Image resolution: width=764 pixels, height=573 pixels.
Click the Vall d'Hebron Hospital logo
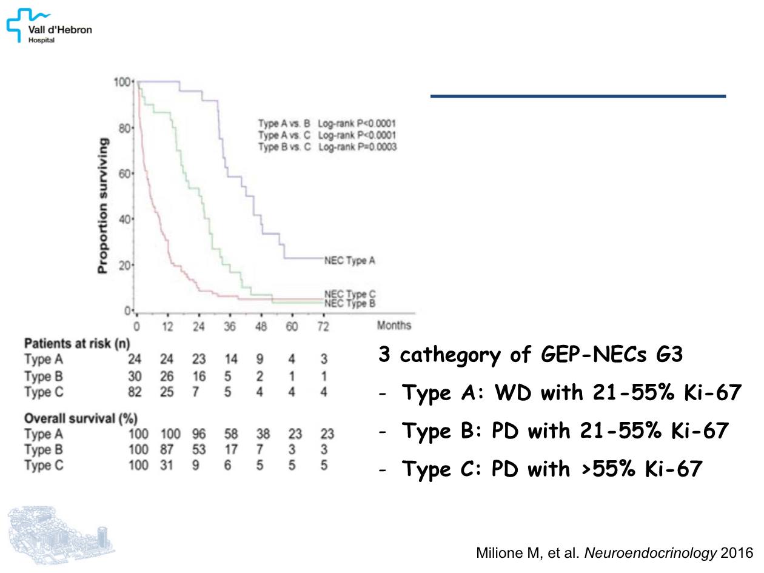(x=49, y=25)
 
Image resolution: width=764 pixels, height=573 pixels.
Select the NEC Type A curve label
(x=350, y=261)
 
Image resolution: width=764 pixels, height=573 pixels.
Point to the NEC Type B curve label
(x=350, y=303)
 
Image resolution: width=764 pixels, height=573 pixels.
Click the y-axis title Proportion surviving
(x=104, y=205)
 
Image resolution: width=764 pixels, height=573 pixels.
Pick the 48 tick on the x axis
(x=260, y=327)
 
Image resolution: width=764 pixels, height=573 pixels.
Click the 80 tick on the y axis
(x=124, y=128)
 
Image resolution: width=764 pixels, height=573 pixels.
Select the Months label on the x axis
(x=394, y=326)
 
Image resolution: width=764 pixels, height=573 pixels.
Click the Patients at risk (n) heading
(x=77, y=344)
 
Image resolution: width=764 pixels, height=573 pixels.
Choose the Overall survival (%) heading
(x=81, y=418)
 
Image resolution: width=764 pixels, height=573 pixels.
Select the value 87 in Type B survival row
(x=167, y=450)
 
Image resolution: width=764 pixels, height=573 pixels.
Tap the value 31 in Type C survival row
(x=167, y=466)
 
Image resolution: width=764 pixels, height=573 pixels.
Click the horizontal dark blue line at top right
(x=578, y=96)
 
